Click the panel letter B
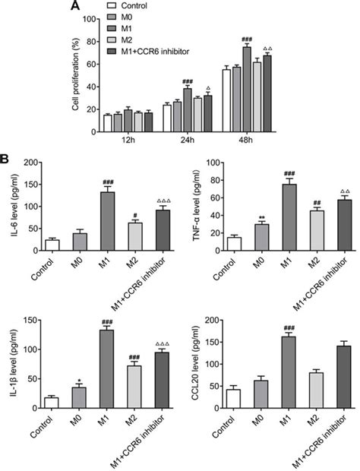(6, 161)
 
